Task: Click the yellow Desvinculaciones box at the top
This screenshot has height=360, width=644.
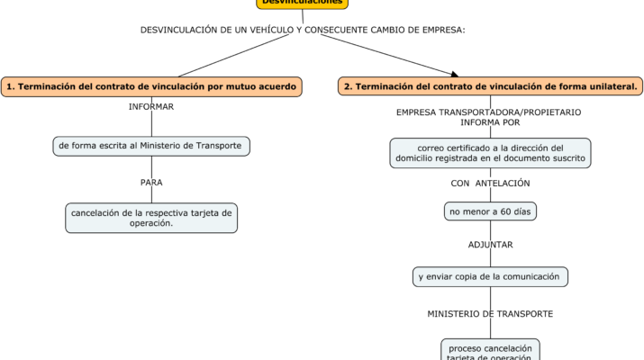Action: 302,4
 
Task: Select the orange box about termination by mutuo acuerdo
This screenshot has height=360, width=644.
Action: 150,86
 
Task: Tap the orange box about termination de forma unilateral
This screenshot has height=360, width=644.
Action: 491,86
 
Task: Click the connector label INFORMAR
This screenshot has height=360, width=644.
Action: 151,106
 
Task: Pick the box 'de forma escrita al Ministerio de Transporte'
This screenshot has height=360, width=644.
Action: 150,145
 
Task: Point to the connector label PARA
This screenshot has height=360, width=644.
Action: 151,182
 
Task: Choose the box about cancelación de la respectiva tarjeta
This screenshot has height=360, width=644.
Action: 151,218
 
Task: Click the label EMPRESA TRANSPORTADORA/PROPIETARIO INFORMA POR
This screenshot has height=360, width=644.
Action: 489,117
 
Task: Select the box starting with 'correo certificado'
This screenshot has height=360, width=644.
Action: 490,153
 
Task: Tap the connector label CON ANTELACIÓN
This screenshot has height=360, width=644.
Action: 490,183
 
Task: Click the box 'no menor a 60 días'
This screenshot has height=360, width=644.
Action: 490,211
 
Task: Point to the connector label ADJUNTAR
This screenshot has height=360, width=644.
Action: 491,244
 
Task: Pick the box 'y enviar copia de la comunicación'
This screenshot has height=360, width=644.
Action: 490,276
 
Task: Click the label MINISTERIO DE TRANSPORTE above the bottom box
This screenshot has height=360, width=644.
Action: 490,313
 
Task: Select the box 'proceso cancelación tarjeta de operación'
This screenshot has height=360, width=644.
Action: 490,351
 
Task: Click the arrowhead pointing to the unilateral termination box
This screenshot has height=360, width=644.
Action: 454,74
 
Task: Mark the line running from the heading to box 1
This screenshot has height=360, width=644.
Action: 225,57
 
